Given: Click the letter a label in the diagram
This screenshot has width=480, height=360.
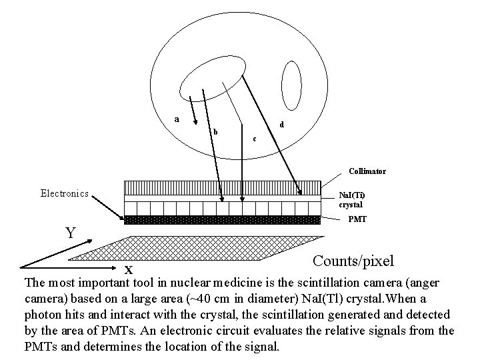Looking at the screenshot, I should pos(177,119).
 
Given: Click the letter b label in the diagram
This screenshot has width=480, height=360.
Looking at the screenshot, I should pos(215,131).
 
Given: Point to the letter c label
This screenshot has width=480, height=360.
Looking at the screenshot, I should pos(253,139).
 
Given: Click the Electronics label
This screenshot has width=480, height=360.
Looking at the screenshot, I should pos(65,193).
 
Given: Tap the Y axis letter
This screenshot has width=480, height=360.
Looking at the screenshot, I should pos(70,233).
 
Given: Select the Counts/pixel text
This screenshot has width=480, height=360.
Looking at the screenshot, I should pos(353,261).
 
